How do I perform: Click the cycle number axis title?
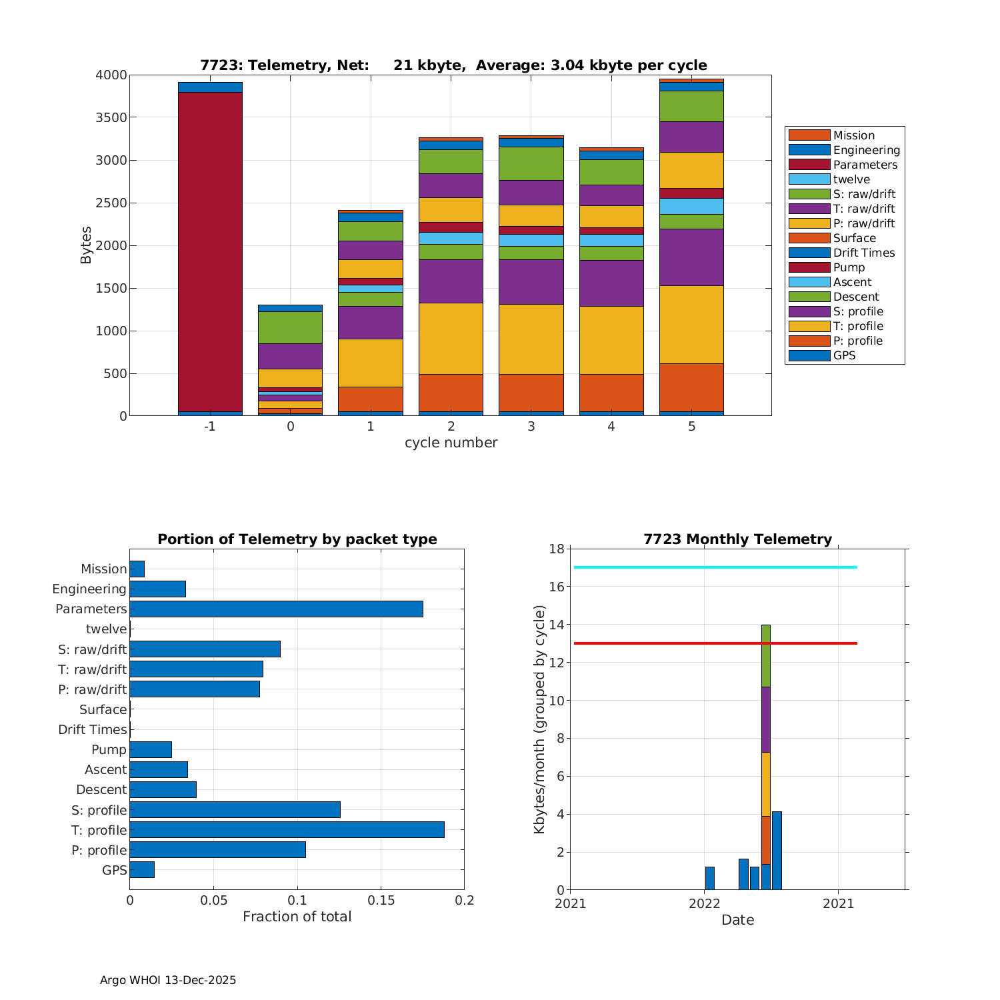[451, 443]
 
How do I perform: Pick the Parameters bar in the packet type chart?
[276, 609]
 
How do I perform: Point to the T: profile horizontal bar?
[287, 829]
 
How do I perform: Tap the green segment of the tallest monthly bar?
[766, 656]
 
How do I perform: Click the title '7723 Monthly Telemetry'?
[737, 539]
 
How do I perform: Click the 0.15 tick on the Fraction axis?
[381, 900]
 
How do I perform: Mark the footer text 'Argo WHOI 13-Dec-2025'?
[168, 980]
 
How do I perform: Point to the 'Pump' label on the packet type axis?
[109, 749]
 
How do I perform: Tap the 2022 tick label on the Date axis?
[704, 903]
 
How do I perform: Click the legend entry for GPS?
[844, 355]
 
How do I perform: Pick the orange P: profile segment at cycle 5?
[691, 387]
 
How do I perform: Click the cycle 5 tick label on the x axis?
[691, 427]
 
